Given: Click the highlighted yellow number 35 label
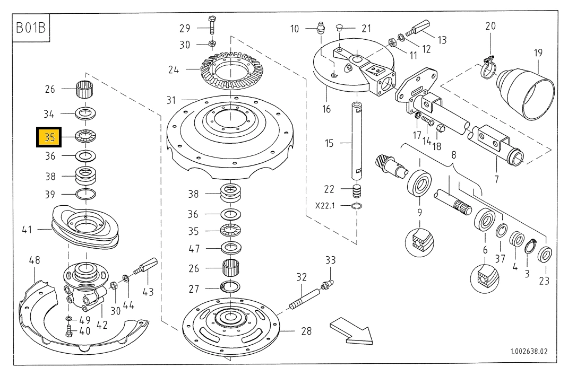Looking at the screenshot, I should [49, 137].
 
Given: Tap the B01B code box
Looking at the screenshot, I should [32, 28].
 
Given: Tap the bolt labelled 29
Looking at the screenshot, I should [211, 25].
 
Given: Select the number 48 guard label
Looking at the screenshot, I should [35, 260].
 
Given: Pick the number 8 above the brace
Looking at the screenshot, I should [453, 155].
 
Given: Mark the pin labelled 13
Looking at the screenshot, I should [419, 29].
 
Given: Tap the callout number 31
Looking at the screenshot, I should [170, 100].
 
